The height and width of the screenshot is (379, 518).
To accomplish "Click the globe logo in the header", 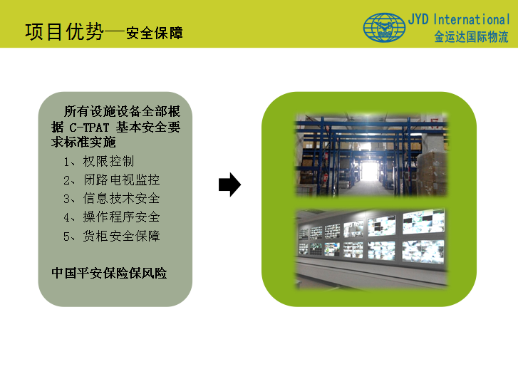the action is tap(384, 27).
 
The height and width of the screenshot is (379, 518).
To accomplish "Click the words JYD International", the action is tap(459, 19).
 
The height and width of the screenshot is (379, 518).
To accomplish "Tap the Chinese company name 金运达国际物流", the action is tap(471, 36).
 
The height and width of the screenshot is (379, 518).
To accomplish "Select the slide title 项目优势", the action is tap(64, 32).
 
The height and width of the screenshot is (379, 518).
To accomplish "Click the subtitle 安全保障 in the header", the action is tap(155, 33).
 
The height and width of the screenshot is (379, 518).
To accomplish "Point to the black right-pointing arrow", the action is tap(229, 185).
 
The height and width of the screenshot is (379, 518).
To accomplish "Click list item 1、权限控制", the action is tap(99, 162).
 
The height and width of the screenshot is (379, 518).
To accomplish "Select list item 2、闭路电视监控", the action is tap(112, 180).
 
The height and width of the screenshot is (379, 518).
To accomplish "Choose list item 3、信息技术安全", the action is tap(112, 199).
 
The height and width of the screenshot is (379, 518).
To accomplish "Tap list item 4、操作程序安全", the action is tap(112, 217).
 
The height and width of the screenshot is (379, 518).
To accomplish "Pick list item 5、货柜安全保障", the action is tap(112, 236).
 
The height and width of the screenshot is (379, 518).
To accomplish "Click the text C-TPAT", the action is tap(89, 128).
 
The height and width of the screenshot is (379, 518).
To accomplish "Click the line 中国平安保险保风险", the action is tap(109, 274).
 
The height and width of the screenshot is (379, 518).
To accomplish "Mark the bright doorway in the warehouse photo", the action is tap(370, 169).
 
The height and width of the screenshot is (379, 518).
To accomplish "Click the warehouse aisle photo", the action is tap(371, 155).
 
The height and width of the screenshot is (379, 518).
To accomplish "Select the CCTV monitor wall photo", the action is tap(371, 249).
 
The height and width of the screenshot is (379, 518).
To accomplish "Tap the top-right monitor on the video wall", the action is tap(423, 222).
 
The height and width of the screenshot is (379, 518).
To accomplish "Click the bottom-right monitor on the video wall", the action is tap(423, 252).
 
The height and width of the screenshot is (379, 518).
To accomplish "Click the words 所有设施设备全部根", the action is tap(123, 111).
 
